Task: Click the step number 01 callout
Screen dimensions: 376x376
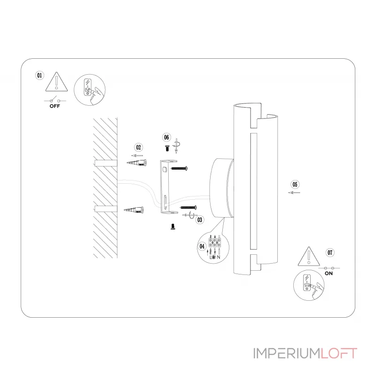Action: (39, 76)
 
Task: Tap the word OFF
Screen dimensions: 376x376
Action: (55, 106)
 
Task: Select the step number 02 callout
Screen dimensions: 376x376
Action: (138, 147)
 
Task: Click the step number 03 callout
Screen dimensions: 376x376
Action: (200, 220)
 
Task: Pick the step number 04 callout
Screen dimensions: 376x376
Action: (202, 246)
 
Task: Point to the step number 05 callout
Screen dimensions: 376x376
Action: (295, 184)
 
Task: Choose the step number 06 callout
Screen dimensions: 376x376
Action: (166, 137)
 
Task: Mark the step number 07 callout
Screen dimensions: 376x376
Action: (330, 252)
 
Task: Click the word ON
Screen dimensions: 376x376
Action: (329, 274)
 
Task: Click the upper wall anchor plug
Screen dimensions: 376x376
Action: (137, 163)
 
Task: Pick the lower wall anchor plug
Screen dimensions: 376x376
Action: (134, 210)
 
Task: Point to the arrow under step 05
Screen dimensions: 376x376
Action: (294, 193)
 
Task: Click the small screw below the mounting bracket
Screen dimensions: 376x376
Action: (172, 227)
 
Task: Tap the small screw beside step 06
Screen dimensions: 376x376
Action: (167, 148)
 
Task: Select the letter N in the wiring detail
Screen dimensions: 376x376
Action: (219, 257)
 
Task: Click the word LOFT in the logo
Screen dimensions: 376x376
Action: (339, 353)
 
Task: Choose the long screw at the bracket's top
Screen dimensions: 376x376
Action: (179, 168)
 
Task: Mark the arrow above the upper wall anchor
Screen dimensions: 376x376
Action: (137, 156)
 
